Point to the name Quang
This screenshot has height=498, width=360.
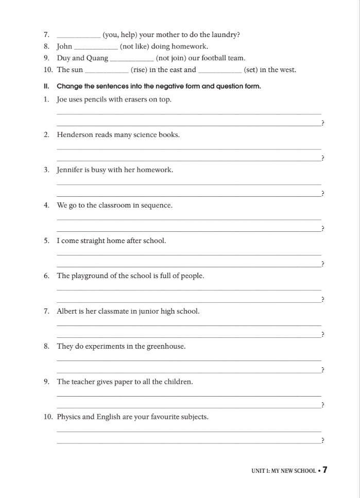coord(98,58)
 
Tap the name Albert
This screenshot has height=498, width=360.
coord(67,311)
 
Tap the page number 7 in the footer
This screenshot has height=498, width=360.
coord(325,470)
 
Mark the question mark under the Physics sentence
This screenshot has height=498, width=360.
coord(322,441)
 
